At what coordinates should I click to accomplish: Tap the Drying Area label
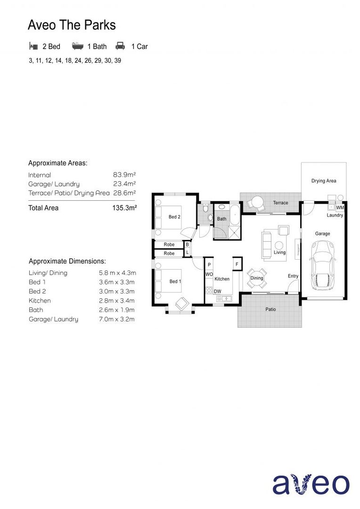tap(324, 181)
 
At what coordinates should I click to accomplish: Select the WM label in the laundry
tap(340, 207)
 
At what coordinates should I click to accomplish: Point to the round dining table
tap(257, 278)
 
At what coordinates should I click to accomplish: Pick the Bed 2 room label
tap(174, 217)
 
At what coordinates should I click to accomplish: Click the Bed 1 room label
tap(175, 281)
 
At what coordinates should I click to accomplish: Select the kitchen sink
tap(225, 298)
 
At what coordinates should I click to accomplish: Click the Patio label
tap(270, 310)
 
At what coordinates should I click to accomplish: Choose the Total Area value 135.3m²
tap(124, 208)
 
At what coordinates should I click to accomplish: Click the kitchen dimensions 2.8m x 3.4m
tap(117, 301)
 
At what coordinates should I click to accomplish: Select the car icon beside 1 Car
tap(121, 46)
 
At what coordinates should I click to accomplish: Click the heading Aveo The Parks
tap(72, 25)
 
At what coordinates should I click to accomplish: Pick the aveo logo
tap(311, 484)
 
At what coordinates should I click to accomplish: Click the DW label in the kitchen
tap(217, 291)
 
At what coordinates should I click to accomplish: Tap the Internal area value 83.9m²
tap(124, 175)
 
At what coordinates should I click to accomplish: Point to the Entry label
tap(293, 276)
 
